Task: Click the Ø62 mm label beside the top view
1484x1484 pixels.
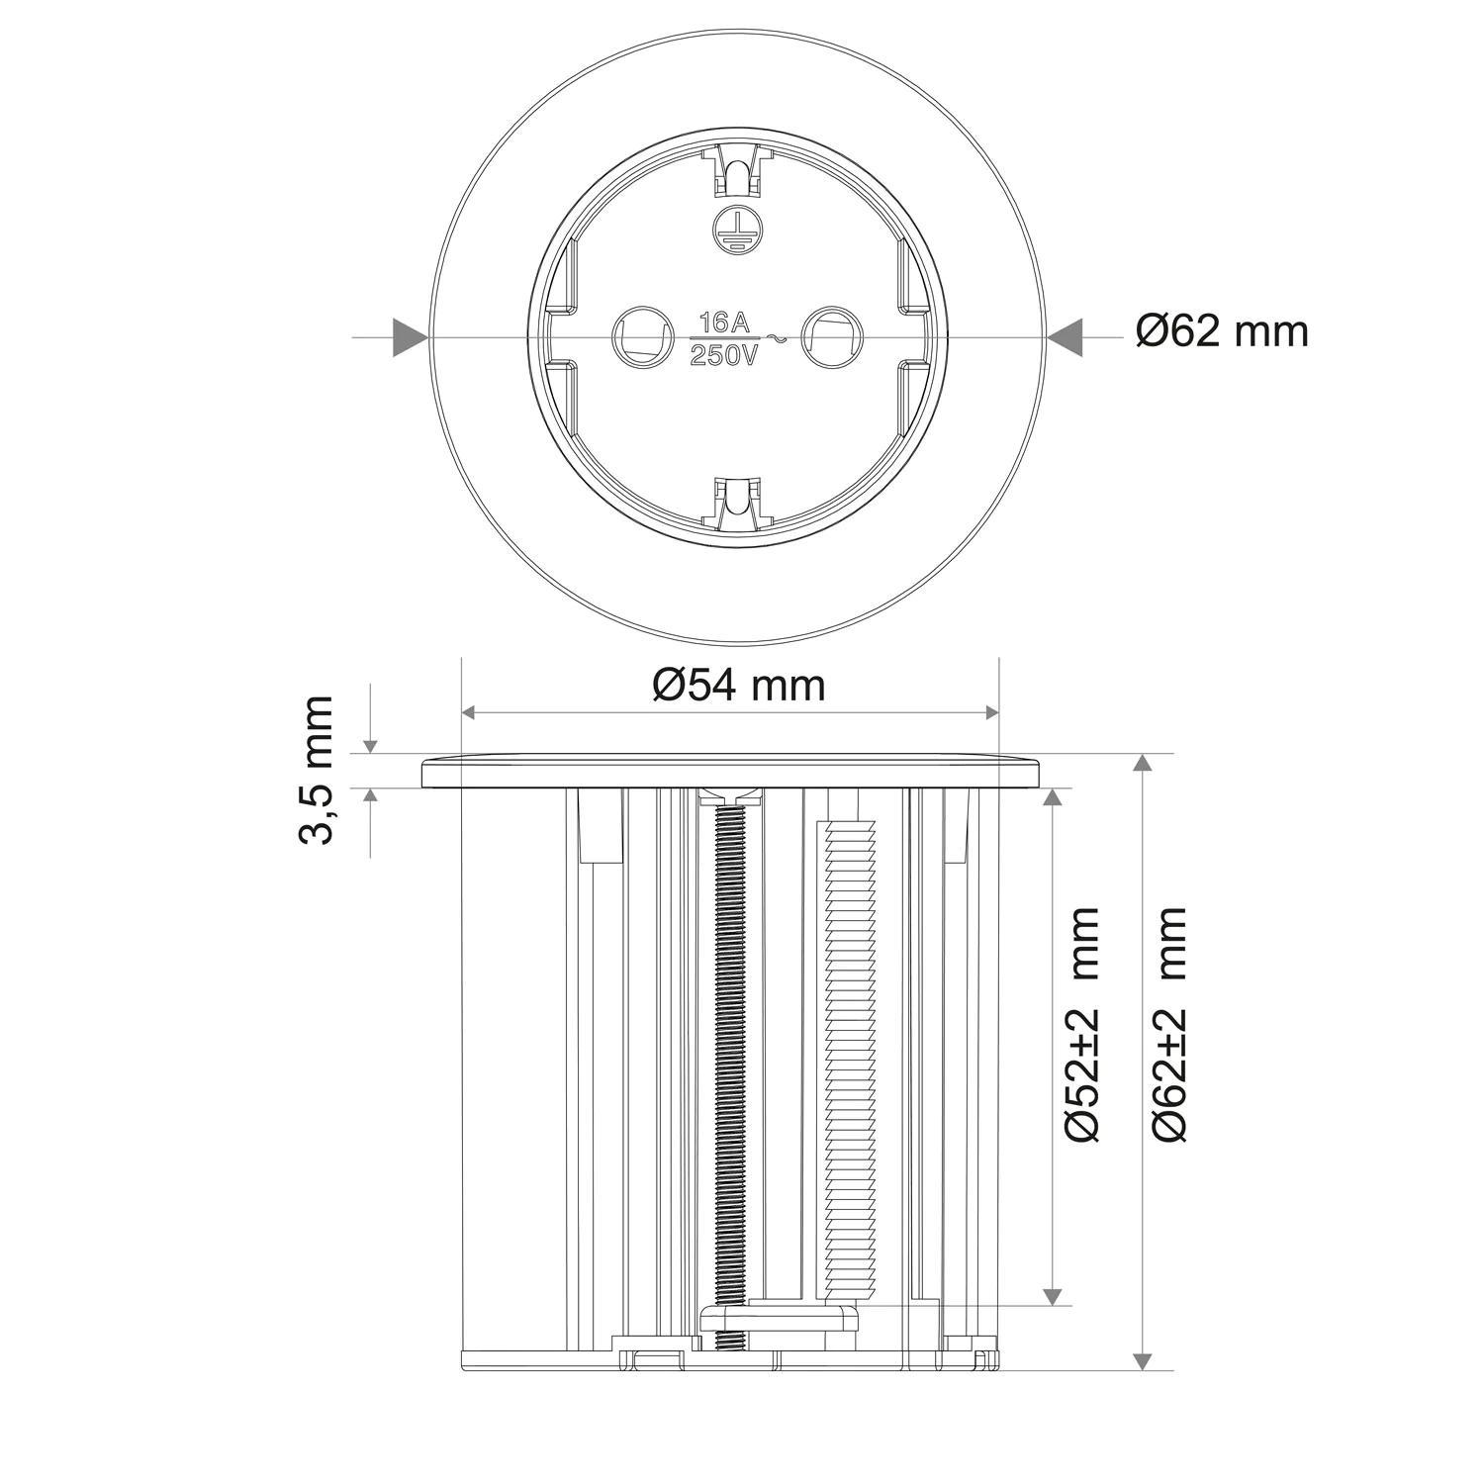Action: click(x=1222, y=331)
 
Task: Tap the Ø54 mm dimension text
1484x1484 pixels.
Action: click(x=738, y=685)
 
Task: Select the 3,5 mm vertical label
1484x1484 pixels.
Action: click(x=318, y=769)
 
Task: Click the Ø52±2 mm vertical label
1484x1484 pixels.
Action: click(x=1085, y=1024)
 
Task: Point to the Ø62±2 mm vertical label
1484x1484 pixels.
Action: click(x=1170, y=1024)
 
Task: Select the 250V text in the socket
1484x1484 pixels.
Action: click(x=724, y=355)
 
